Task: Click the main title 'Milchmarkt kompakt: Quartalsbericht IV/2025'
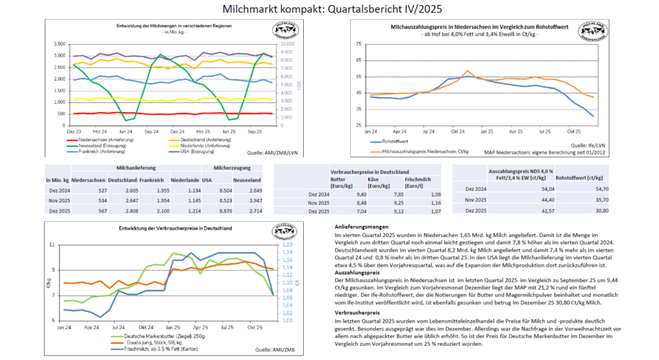329,9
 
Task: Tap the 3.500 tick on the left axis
57,44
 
